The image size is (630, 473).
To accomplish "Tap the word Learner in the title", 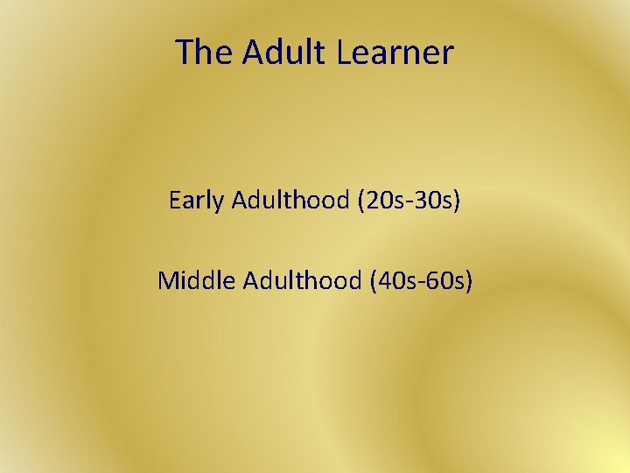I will point(395,53).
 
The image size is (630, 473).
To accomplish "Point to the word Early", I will point(197,201).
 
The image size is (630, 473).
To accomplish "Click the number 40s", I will point(393,281).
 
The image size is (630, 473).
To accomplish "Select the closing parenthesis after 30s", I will point(456,201).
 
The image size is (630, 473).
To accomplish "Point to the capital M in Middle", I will point(168,281).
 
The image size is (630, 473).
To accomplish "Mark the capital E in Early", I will point(174,201).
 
